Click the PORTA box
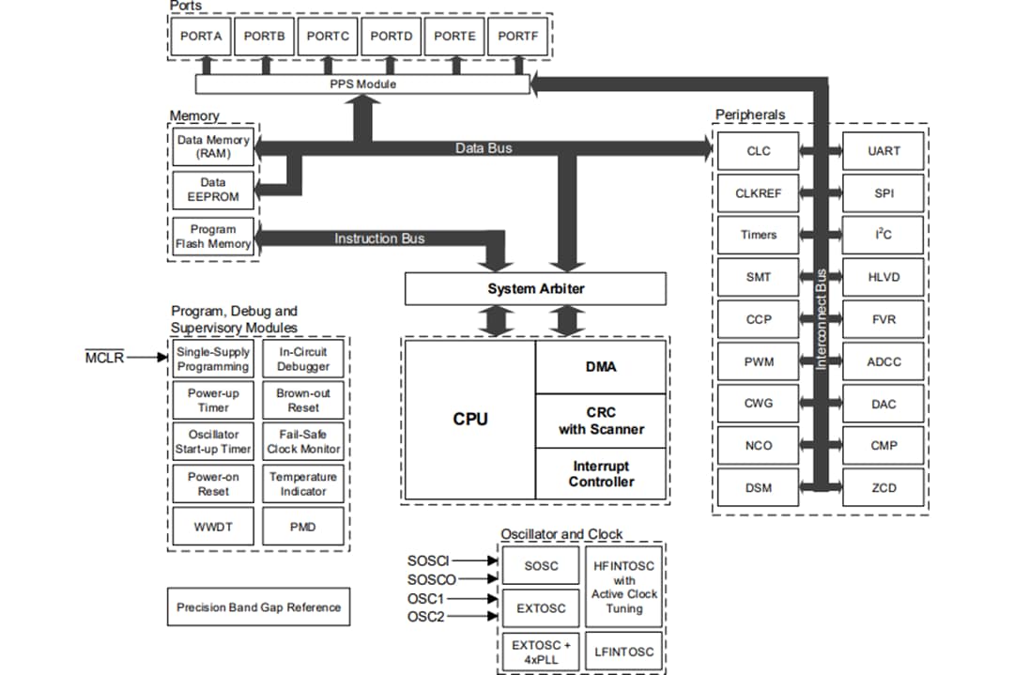click(x=200, y=37)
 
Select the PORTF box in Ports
click(x=518, y=37)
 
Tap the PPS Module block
click(x=362, y=84)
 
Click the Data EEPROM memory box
click(x=213, y=190)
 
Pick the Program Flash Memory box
click(x=213, y=237)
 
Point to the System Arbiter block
click(x=535, y=288)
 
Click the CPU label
click(x=470, y=420)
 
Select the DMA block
click(x=600, y=367)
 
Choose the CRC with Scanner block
click(x=601, y=421)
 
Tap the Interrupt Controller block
click(x=601, y=474)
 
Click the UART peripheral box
click(x=883, y=151)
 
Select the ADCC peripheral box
click(x=883, y=361)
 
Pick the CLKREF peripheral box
click(x=758, y=193)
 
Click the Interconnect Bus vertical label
click(x=821, y=319)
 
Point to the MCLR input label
click(x=104, y=358)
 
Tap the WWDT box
click(x=213, y=527)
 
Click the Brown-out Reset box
click(x=303, y=401)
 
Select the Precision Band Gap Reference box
click(x=258, y=607)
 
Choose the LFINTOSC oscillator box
click(x=623, y=651)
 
